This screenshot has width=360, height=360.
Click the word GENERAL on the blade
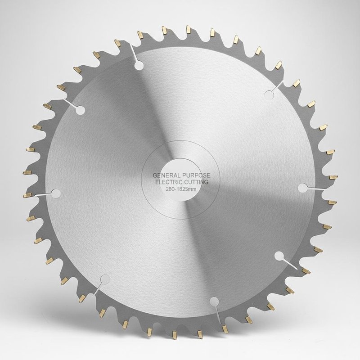click(x=166, y=175)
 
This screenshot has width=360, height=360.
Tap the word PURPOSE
click(x=196, y=175)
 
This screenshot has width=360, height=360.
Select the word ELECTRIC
click(x=168, y=182)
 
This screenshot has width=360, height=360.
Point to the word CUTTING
click(x=196, y=182)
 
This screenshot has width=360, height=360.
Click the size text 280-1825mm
click(x=181, y=189)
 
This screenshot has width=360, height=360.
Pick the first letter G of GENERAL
click(x=155, y=175)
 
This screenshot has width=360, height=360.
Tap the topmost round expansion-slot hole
click(x=139, y=66)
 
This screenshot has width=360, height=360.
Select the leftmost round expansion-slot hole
click(x=56, y=193)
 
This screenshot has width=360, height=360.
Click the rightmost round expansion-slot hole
click(x=303, y=188)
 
